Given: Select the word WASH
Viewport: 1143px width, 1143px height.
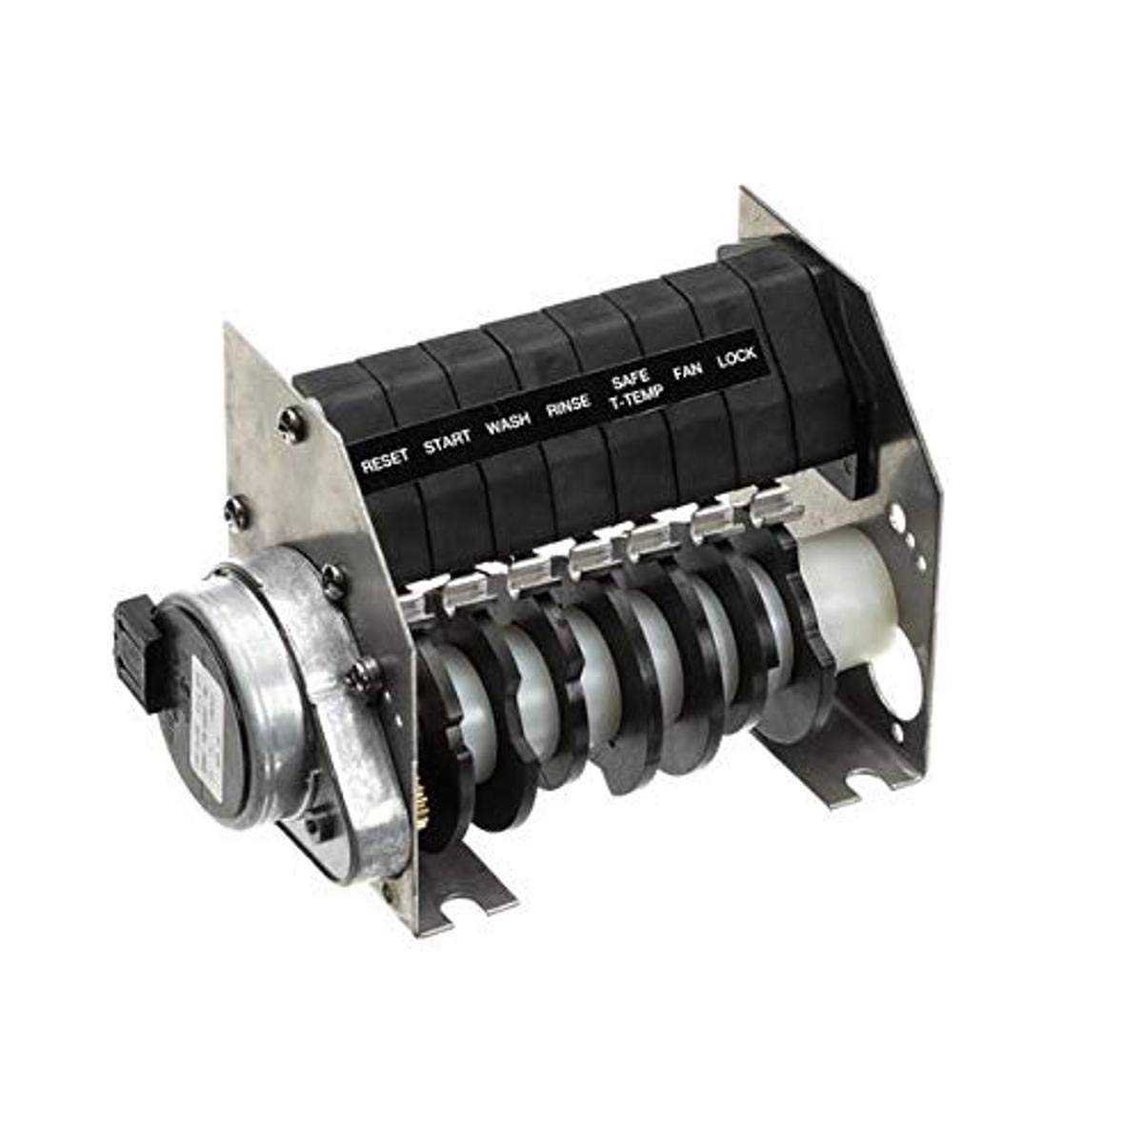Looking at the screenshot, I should tap(509, 426).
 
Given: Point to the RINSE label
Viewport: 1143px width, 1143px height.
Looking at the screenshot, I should tap(570, 409).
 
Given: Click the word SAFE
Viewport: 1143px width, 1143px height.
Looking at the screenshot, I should tap(630, 381).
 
